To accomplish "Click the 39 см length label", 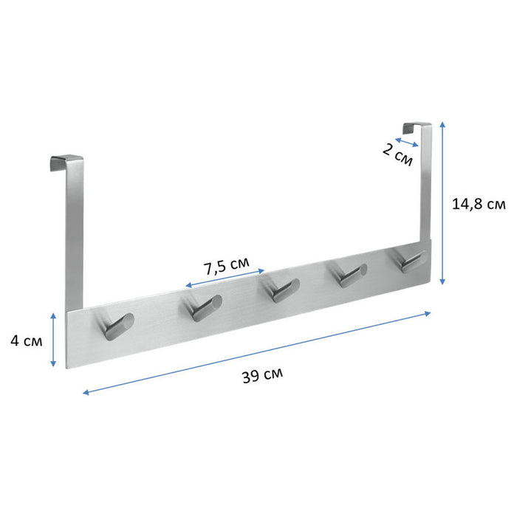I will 261,374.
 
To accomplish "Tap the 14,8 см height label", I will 479,205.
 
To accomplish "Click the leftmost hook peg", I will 117,326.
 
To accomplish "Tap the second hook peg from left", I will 203,307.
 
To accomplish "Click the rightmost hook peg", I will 411,260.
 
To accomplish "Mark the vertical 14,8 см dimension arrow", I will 442,203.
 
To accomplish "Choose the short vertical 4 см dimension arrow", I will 53,339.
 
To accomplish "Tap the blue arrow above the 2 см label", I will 407,140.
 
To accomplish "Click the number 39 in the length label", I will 250,374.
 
